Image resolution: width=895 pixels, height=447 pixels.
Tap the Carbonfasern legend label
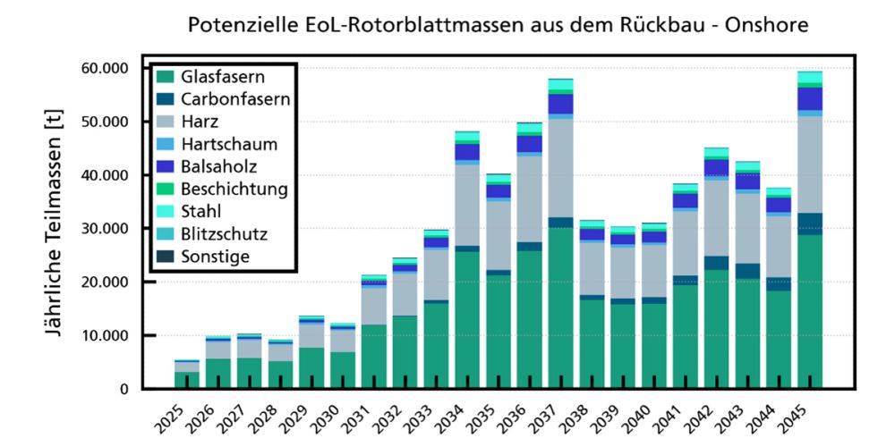(x=235, y=99)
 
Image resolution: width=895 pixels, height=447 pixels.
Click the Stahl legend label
(x=200, y=212)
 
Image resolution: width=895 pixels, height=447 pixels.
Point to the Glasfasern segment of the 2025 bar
(x=187, y=380)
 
